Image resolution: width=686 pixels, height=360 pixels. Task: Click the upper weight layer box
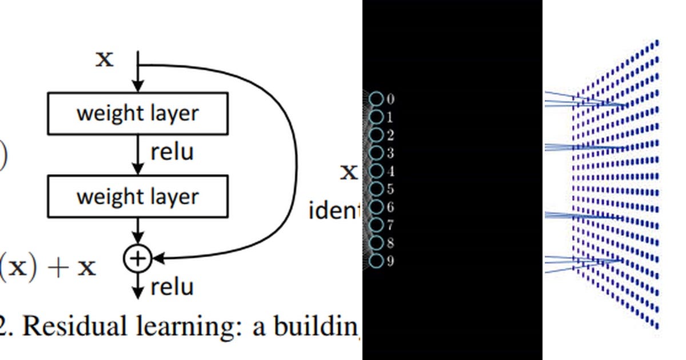click(x=138, y=113)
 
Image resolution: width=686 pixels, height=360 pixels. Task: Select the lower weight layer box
click(x=138, y=197)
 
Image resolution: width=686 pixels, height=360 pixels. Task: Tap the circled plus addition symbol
click(x=137, y=259)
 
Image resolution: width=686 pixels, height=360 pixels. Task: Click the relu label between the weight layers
click(x=172, y=152)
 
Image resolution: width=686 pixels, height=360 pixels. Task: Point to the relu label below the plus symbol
click(x=172, y=286)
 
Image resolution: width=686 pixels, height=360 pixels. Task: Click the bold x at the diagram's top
click(x=104, y=59)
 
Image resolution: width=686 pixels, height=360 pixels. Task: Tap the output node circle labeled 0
click(x=376, y=99)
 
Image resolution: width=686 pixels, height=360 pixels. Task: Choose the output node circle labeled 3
click(x=376, y=153)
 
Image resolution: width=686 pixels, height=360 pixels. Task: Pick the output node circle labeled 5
click(x=376, y=189)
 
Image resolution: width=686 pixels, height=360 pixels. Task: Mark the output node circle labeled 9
click(x=376, y=261)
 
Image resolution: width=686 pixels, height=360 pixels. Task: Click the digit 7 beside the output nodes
click(x=390, y=225)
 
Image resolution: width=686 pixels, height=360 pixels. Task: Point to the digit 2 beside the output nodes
click(x=390, y=135)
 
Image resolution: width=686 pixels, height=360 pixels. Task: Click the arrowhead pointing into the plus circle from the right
click(x=157, y=259)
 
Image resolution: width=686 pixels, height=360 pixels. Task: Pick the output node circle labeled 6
click(x=376, y=207)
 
